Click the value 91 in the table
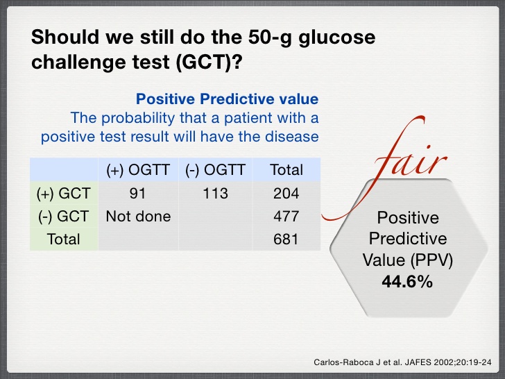[x=138, y=193]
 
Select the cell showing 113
[x=215, y=193]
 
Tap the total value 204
[x=286, y=193]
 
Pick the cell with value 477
[x=286, y=216]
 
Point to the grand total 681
[x=286, y=239]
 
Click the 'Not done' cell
[x=138, y=216]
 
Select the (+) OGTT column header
[x=138, y=169]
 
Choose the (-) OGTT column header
[x=215, y=169]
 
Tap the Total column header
[x=286, y=169]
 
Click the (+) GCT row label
[x=63, y=193]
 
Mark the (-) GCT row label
[x=63, y=216]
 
